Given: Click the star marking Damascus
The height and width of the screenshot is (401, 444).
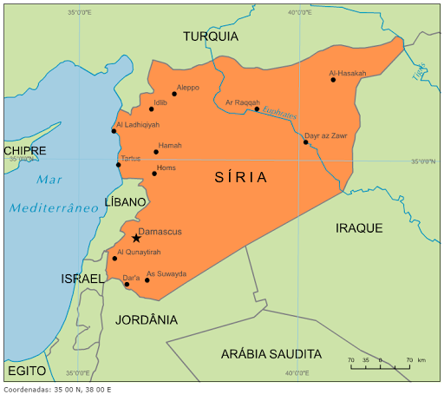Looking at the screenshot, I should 136,239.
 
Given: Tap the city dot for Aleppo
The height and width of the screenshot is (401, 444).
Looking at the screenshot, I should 174,94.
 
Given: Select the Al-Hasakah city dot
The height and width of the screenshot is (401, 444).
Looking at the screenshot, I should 333,80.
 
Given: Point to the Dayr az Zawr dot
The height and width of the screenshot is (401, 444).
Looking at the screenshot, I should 305,142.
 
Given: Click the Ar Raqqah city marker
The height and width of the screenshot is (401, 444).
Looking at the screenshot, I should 257,109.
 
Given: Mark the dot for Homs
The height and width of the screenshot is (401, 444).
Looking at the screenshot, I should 154,174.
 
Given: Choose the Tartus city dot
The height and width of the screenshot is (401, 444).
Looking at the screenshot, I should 119,165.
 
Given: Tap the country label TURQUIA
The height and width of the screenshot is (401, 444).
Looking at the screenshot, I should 211,36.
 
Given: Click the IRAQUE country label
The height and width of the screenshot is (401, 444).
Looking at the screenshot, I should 359,227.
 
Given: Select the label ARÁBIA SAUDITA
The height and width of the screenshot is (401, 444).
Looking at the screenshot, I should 271,354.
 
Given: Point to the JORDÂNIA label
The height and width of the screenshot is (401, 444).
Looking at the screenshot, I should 147,319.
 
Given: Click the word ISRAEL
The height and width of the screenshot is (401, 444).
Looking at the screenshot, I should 83,279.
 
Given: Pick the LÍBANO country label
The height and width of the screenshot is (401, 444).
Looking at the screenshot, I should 127,201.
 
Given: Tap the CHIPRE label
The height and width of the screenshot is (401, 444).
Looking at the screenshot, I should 25,151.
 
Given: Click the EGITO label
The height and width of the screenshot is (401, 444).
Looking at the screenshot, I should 26,371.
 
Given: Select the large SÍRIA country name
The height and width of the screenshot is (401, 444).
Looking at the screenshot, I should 240,177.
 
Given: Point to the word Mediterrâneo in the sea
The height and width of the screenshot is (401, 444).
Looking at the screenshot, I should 54,207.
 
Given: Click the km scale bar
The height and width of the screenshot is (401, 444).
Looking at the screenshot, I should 379,367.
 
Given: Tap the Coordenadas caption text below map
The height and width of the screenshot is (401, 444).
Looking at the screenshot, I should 56,390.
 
